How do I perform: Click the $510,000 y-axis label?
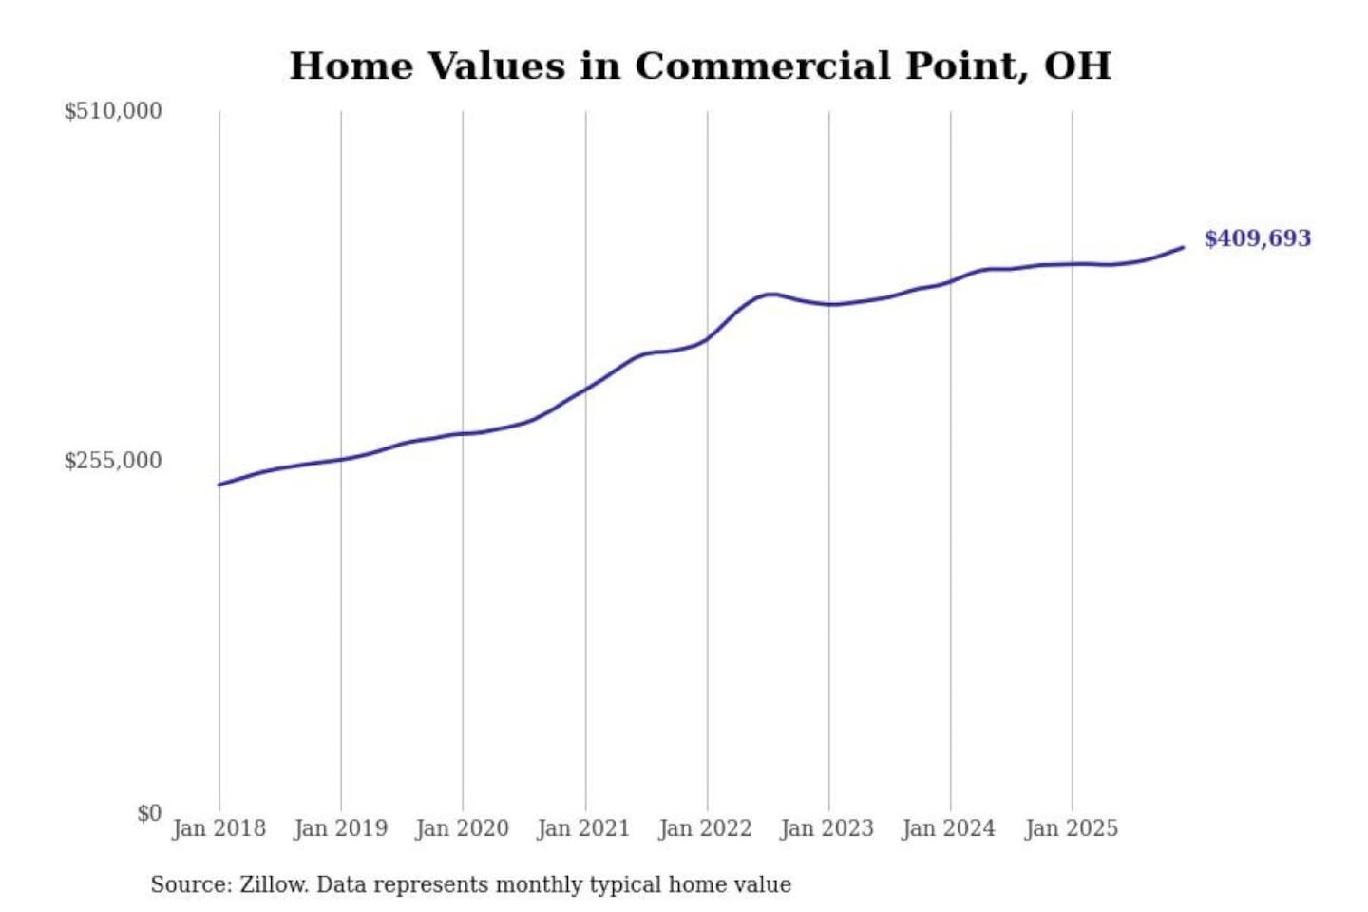(113, 111)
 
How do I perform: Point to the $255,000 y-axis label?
(113, 461)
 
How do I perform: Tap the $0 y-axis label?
(149, 813)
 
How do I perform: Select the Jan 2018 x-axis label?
(219, 828)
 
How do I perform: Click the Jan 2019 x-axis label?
(341, 828)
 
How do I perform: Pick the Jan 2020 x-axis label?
(463, 828)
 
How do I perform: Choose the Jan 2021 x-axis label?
(584, 828)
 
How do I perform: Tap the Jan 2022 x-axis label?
(706, 828)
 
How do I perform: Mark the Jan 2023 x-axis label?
(827, 828)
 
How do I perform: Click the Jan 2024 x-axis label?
(949, 828)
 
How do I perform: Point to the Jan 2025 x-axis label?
(1072, 828)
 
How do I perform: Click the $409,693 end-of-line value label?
(1258, 238)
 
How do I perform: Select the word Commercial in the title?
(762, 66)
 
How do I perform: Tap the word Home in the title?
(351, 66)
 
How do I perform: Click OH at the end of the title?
(1077, 66)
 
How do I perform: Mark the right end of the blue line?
(1184, 247)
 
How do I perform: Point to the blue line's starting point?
(219, 484)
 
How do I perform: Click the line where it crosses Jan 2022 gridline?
(707, 338)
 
